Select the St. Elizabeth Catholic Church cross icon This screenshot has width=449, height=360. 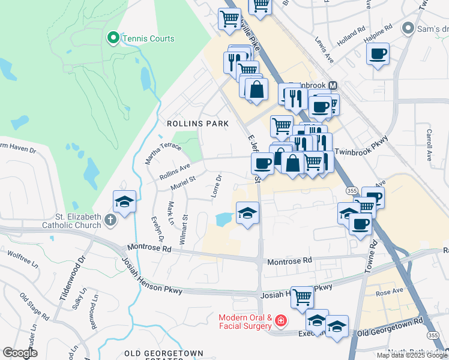pyautogui.click(x=110, y=220)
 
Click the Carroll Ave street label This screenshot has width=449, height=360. pyautogui.click(x=429, y=145)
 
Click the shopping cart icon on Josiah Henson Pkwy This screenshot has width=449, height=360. pyautogui.click(x=302, y=296)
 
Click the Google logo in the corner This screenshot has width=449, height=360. pyautogui.click(x=20, y=353)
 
